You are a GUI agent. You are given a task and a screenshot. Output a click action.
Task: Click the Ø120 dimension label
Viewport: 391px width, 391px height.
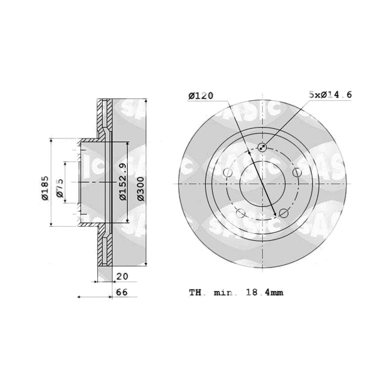point(201,96)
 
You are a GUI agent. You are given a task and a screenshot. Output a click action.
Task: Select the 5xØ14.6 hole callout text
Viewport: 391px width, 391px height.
point(330,95)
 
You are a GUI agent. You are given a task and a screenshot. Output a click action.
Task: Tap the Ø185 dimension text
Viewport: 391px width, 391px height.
point(45,188)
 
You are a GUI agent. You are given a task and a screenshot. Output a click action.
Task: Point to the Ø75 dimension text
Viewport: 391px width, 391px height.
point(60,188)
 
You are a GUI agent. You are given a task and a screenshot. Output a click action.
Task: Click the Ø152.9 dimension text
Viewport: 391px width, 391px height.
point(123,182)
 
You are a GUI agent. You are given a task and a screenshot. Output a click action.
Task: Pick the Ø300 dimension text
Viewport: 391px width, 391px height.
point(141,189)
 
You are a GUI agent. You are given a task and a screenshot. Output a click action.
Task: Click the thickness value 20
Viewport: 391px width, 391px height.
point(122,276)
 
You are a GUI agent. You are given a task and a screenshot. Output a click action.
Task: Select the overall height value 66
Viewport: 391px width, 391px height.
point(122,292)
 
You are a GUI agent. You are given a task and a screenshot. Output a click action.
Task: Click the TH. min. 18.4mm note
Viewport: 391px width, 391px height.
point(236,292)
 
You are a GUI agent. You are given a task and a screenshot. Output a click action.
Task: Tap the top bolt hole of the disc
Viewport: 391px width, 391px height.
point(262,148)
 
